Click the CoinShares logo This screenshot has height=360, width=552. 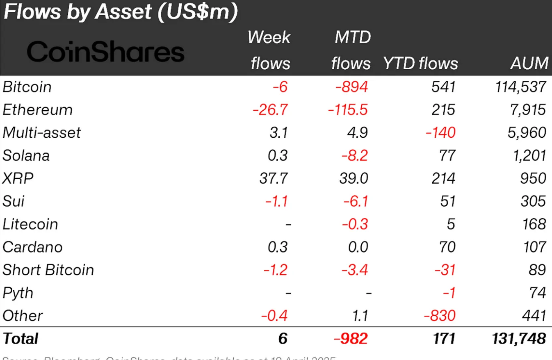[105, 52]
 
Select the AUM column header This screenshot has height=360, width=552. [529, 63]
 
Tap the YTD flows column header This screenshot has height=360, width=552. [420, 63]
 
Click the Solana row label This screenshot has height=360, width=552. [26, 155]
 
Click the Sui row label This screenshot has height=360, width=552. [13, 201]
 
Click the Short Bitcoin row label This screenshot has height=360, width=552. [48, 270]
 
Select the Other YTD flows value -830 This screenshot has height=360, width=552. [440, 316]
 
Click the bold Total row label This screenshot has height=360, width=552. [21, 339]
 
